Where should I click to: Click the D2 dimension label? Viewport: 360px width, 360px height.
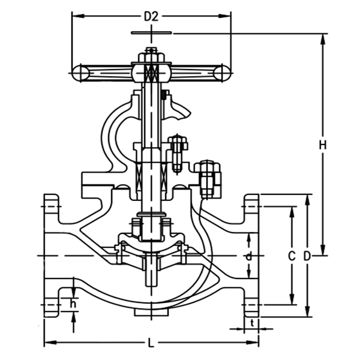pos(151,17)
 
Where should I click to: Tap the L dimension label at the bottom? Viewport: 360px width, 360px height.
pos(151,343)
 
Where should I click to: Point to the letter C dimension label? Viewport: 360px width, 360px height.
pos(292,256)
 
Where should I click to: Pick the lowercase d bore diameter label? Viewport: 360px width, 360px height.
pos(249,256)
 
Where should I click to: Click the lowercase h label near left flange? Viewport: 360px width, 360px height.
pos(73,304)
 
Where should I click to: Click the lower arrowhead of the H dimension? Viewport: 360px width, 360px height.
pos(323,251)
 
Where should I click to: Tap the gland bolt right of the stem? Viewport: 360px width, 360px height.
pos(176,150)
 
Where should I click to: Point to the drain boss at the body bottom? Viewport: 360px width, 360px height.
pos(151,313)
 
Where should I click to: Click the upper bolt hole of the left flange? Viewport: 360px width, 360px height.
pos(52,210)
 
